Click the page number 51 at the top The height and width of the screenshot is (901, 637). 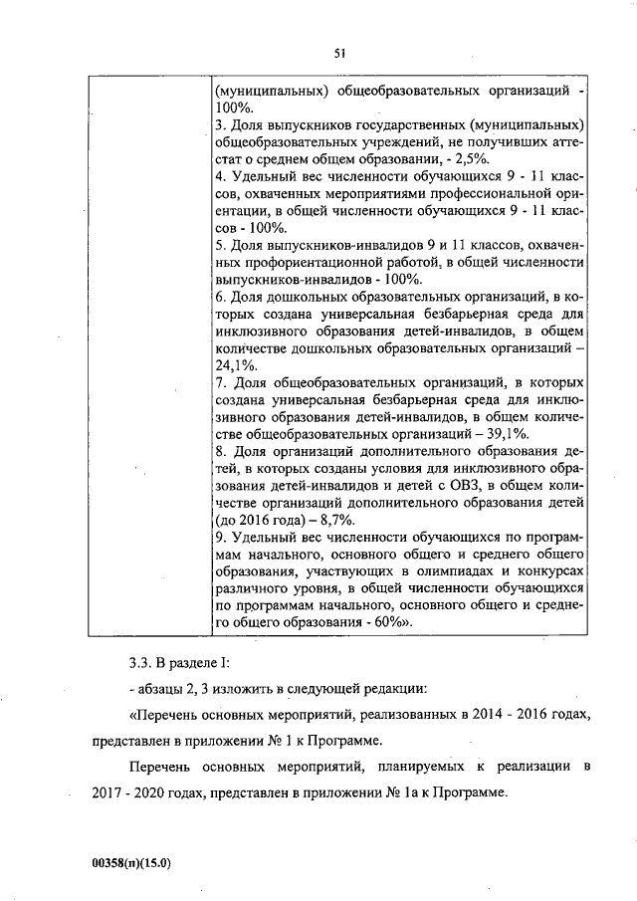[x=339, y=54]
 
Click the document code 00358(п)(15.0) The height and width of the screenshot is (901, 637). [x=126, y=864]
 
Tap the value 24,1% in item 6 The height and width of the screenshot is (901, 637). [x=234, y=365]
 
